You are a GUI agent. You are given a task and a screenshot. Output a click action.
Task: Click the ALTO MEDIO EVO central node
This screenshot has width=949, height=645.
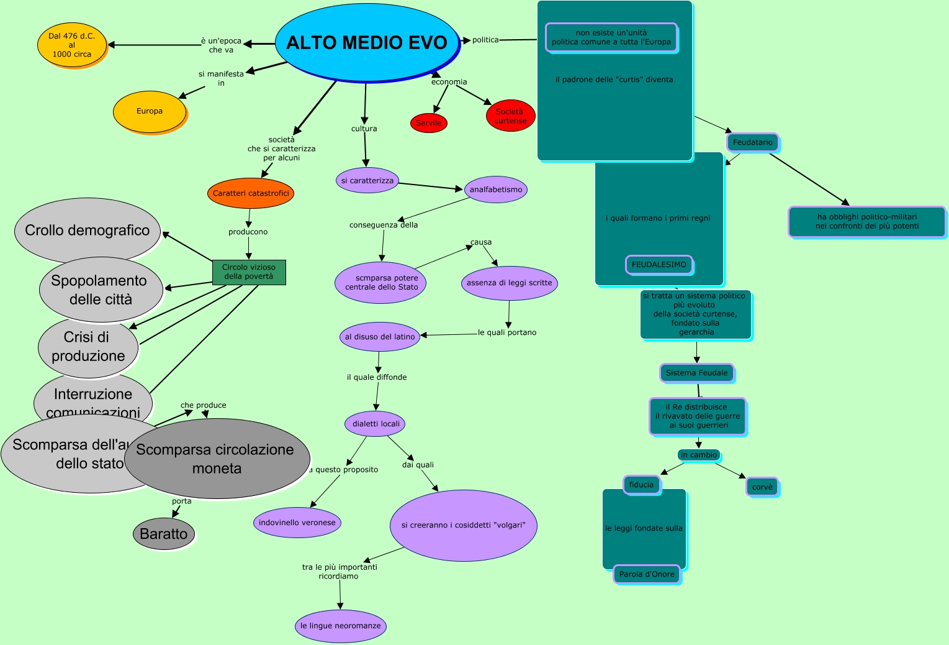coord(366,42)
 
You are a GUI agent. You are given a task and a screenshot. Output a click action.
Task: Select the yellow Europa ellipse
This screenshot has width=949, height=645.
coord(150,112)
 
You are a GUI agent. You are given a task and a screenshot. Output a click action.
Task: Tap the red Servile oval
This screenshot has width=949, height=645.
coord(428,123)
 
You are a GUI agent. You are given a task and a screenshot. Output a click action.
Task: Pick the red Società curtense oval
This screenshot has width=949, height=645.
coord(510,116)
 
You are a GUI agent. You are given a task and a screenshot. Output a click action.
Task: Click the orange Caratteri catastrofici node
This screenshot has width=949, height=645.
coord(251,193)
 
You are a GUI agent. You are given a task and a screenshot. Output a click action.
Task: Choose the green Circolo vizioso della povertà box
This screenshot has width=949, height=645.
coord(249,272)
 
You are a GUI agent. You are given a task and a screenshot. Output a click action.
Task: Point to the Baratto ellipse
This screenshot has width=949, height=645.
coord(164,534)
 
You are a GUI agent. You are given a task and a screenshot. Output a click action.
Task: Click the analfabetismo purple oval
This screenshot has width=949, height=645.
coord(496,190)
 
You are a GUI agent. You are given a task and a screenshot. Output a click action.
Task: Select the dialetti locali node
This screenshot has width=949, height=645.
coord(376,424)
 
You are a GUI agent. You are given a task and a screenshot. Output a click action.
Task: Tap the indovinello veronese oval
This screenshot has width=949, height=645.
coord(297,523)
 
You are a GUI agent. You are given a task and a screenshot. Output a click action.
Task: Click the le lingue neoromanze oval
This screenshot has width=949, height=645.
coord(341,626)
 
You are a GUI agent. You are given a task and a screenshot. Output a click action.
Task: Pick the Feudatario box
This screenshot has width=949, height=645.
coord(752,142)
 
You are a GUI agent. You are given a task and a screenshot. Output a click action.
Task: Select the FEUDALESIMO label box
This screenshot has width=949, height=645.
coord(659,265)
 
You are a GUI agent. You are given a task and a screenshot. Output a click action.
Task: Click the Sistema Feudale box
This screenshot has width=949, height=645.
coord(696,373)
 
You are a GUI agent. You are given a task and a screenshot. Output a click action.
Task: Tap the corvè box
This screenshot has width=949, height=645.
coord(762,487)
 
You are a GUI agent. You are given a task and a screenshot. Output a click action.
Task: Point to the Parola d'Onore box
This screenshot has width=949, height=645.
coord(647,574)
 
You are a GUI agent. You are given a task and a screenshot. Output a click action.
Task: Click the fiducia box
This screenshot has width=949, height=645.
coord(641,485)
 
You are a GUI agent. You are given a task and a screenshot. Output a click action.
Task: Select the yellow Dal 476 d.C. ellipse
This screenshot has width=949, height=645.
coord(72,45)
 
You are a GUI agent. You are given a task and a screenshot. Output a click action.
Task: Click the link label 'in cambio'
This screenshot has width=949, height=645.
coord(699,455)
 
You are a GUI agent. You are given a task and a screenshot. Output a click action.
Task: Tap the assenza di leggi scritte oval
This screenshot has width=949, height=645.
coord(509,283)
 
